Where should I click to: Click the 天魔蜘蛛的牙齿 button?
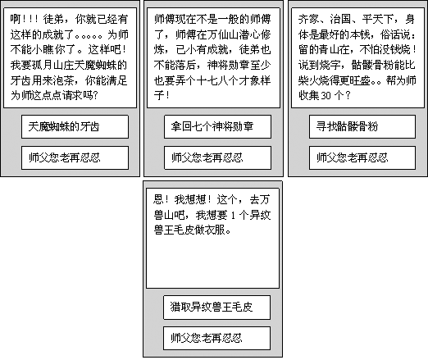75,126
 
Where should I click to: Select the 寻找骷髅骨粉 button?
362,126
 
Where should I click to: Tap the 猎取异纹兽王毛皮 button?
216,308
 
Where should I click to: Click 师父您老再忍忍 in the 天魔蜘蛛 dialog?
75,157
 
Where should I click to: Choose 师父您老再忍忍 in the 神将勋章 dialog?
217,157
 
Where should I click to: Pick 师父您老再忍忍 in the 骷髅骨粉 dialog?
362,157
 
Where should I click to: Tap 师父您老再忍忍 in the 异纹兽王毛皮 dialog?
216,338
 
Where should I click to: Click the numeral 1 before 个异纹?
233,216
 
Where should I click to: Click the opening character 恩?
158,200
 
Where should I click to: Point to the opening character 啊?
16,19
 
